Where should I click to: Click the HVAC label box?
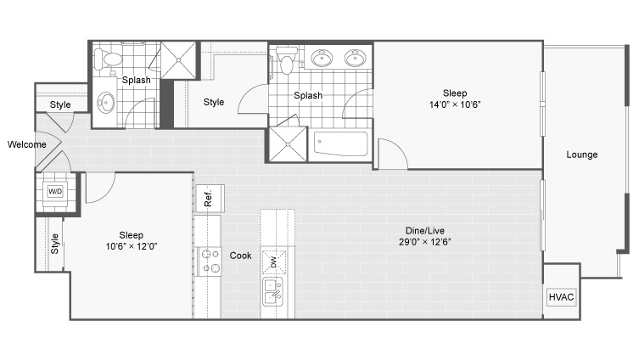(x=561, y=297)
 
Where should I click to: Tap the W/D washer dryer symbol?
(x=55, y=191)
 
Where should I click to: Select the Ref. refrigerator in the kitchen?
(x=210, y=198)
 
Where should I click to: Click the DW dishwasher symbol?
(x=273, y=262)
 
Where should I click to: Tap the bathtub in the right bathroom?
(x=340, y=143)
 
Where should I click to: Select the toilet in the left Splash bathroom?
(x=108, y=59)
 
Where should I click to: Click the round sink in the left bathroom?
(x=106, y=103)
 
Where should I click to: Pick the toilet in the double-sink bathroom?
(x=287, y=60)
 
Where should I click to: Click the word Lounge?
(x=582, y=155)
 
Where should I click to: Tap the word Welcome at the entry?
(x=27, y=144)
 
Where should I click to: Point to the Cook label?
(x=240, y=256)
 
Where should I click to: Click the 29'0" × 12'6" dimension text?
(x=424, y=242)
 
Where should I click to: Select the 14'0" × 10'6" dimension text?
(x=455, y=104)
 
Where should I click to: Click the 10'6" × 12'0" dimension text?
(x=132, y=246)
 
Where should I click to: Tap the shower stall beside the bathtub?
(x=288, y=144)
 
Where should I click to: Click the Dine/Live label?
(x=424, y=230)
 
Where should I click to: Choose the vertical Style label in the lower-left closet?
(x=54, y=244)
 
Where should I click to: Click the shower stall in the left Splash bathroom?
(x=178, y=60)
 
